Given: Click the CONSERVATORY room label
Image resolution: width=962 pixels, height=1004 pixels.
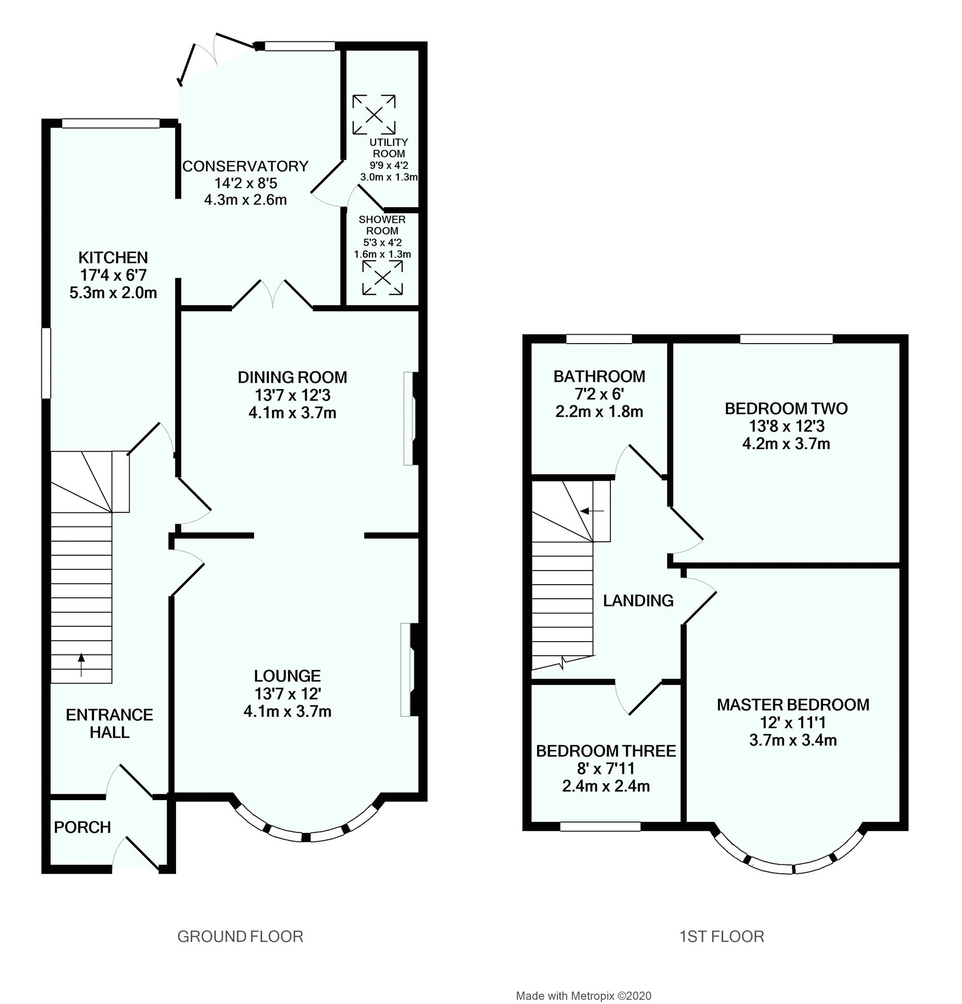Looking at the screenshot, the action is point(245,166).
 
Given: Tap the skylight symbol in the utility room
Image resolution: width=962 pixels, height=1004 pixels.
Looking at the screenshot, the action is point(374,115).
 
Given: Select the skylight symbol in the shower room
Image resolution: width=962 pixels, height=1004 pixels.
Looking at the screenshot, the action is point(382,278).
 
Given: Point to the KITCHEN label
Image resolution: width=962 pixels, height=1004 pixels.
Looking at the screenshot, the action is point(113,257).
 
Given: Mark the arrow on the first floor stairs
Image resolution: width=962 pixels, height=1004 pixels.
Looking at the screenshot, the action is point(593,510).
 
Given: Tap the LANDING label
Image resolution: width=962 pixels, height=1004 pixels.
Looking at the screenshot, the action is point(638,600).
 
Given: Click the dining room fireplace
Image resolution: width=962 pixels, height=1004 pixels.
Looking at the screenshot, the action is point(411,418).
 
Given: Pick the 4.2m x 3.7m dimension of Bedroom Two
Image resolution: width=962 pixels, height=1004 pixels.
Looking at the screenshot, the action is point(786,444).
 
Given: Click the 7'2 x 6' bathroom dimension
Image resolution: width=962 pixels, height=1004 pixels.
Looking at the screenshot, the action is point(599,394).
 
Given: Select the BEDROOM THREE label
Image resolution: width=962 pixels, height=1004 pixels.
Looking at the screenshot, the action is point(606,751).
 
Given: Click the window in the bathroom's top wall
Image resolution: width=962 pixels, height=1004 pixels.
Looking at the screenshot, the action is point(599,339).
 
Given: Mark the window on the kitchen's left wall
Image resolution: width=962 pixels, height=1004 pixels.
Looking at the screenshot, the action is point(47,363).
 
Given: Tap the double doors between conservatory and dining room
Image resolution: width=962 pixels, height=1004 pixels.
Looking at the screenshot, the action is point(273,295).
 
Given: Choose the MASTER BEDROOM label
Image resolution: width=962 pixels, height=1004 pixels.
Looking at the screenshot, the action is point(793,705).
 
